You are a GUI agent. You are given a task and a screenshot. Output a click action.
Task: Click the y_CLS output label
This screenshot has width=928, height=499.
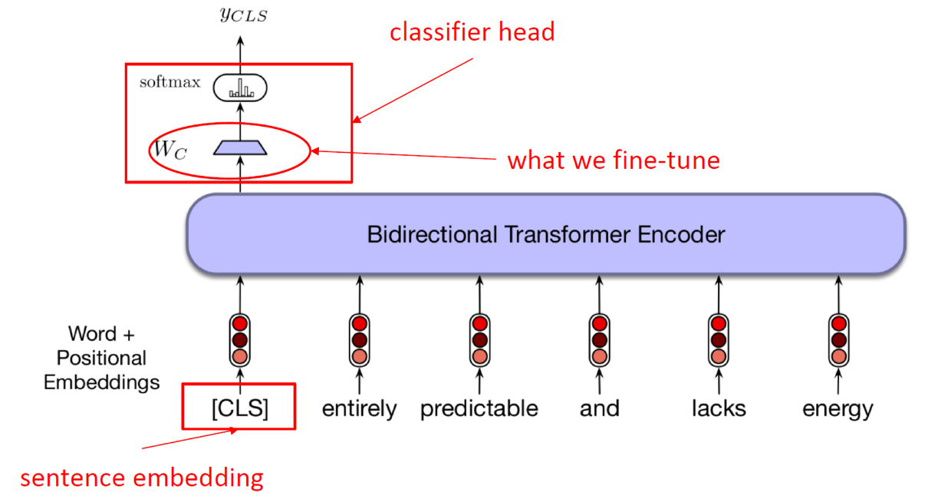click(244, 15)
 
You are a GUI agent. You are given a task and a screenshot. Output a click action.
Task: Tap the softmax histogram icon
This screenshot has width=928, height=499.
click(240, 88)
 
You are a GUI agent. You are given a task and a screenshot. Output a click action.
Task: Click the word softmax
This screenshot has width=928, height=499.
click(169, 82)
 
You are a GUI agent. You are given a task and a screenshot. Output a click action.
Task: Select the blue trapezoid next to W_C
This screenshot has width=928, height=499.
click(240, 147)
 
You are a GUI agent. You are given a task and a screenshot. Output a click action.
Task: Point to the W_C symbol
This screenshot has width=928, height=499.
click(169, 150)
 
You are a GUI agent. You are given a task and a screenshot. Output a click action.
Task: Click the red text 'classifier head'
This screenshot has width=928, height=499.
click(472, 32)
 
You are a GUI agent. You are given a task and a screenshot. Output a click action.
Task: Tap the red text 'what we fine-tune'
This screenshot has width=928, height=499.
click(614, 160)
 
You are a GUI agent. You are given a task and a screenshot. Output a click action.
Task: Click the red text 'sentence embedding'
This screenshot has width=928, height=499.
click(142, 478)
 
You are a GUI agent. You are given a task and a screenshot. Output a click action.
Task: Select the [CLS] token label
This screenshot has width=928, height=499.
click(240, 408)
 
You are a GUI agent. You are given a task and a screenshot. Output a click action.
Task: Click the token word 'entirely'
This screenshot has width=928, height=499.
click(359, 409)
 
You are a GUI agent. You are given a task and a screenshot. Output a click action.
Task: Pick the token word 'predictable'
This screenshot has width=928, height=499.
click(479, 409)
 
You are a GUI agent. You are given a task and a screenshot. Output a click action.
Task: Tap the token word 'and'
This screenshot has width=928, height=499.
click(600, 408)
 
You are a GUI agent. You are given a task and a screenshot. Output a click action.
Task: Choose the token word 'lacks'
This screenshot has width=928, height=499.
click(719, 408)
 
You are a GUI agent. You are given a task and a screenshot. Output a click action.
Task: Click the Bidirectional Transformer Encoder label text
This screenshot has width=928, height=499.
click(546, 234)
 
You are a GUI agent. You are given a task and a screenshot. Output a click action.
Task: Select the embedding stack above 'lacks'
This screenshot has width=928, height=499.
click(719, 340)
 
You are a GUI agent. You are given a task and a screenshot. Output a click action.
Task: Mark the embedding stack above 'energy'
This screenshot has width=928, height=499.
click(838, 340)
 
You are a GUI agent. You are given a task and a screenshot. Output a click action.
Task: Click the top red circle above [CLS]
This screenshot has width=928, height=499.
click(240, 323)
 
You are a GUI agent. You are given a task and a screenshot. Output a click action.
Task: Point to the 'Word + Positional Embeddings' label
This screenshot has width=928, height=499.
click(101, 358)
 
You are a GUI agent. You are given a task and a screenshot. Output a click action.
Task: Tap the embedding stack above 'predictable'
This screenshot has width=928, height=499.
click(480, 340)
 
